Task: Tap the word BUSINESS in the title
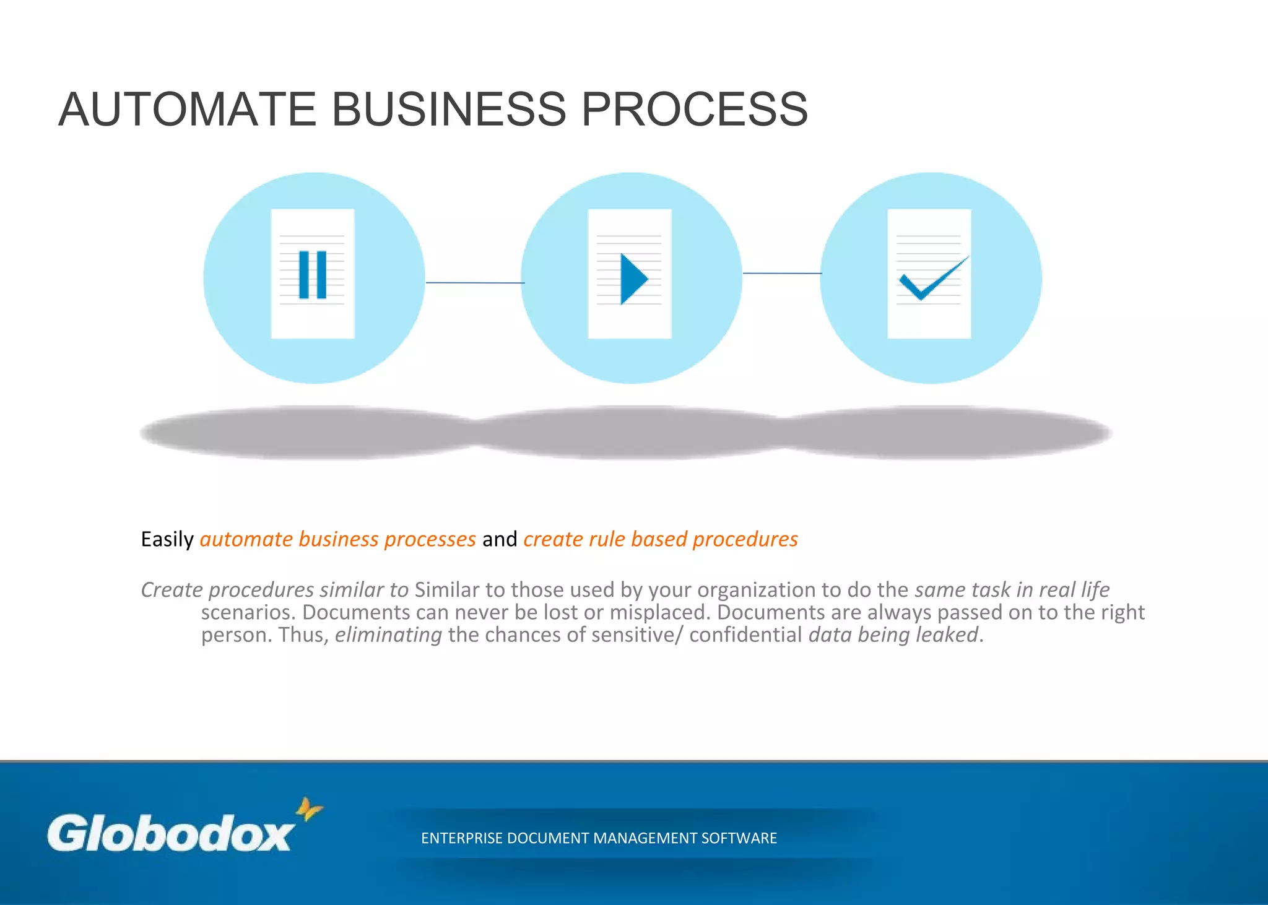point(449,110)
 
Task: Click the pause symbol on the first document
point(313,275)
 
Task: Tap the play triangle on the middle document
point(633,279)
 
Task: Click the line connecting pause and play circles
point(475,283)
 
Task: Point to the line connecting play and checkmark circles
point(781,273)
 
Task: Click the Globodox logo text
point(170,833)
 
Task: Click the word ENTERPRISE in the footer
point(461,838)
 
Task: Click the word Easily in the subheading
point(167,539)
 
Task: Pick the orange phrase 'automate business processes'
point(338,539)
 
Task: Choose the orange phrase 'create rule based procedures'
point(661,539)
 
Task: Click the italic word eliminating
point(388,635)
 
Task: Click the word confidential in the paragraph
point(745,635)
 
